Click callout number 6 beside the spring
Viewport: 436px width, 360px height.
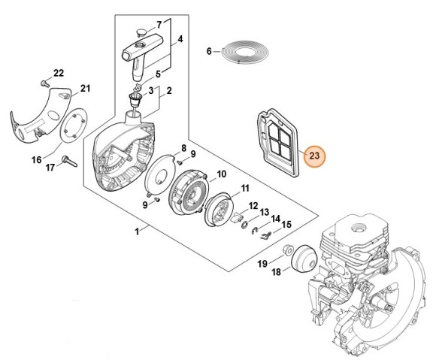tap(210, 51)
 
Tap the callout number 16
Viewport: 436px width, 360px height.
tap(35, 159)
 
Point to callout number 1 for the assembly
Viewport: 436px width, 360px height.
tap(137, 234)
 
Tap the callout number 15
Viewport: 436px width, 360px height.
tap(286, 224)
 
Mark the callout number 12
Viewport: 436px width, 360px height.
tap(254, 205)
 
